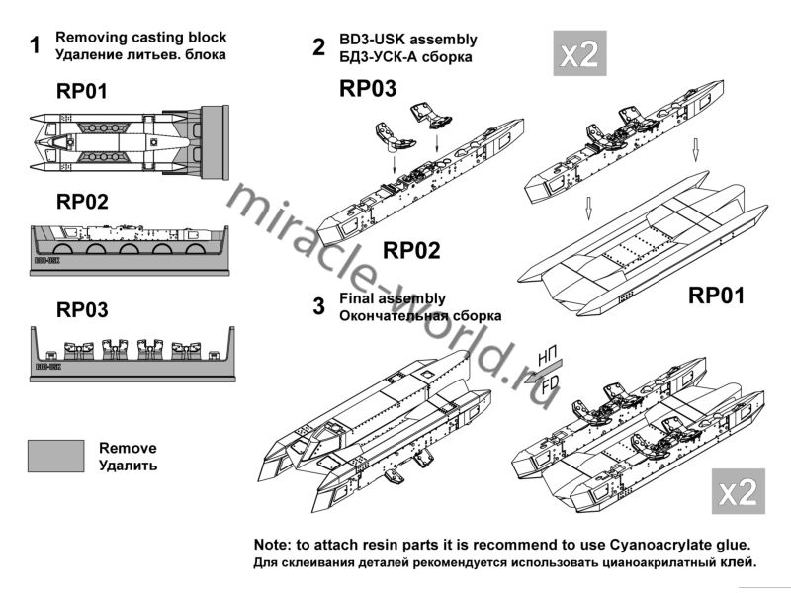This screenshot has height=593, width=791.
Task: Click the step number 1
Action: [x=36, y=46]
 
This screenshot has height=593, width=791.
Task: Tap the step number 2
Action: [x=318, y=46]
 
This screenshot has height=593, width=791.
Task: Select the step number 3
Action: [x=318, y=306]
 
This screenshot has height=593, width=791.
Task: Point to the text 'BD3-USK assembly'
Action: [x=408, y=40]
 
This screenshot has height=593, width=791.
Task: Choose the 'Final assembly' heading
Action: [x=392, y=297]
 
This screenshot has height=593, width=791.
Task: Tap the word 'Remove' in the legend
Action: [x=128, y=448]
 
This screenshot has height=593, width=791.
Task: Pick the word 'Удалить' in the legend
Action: [x=128, y=466]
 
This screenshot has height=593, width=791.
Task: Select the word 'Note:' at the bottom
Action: [x=274, y=545]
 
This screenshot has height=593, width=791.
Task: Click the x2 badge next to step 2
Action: [x=579, y=55]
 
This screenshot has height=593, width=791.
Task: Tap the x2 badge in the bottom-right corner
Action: [x=738, y=490]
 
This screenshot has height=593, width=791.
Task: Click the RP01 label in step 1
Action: [x=82, y=92]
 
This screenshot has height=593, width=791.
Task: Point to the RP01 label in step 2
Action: [x=716, y=295]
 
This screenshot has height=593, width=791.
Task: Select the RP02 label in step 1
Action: [x=82, y=203]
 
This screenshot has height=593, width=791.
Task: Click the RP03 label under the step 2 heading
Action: [x=368, y=88]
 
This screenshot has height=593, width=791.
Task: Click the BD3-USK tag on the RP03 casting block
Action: [x=48, y=365]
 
